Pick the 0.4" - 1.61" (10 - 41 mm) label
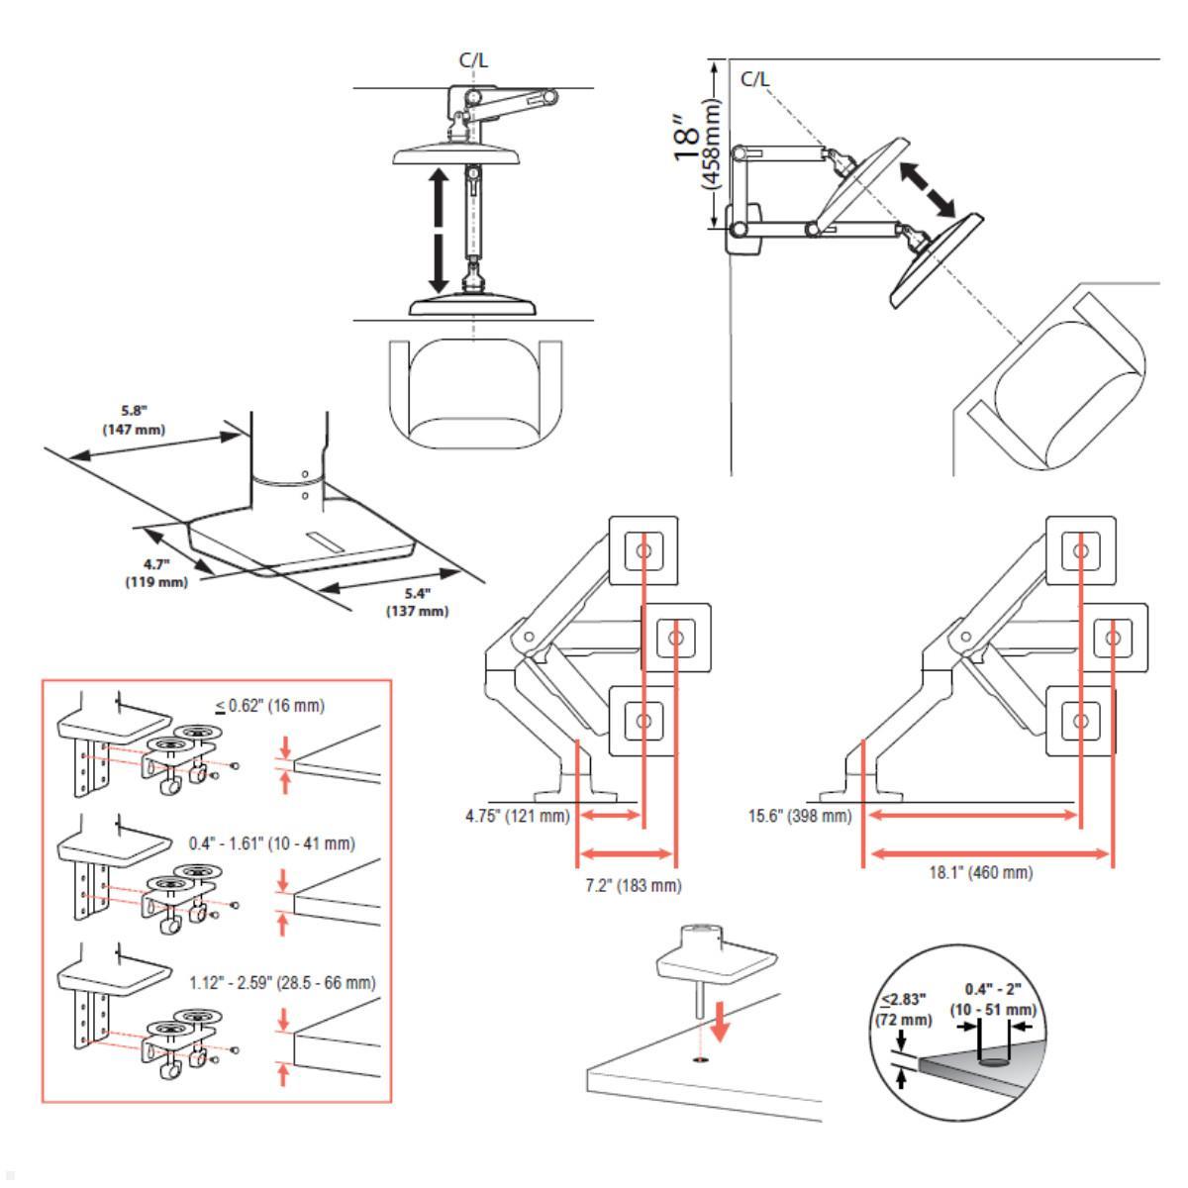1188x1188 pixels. tap(271, 843)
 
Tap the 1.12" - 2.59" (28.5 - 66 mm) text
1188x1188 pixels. tap(282, 983)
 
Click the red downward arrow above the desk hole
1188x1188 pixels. tap(722, 1020)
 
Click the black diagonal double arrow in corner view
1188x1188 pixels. tap(927, 189)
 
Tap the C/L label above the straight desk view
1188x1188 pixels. tap(473, 60)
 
